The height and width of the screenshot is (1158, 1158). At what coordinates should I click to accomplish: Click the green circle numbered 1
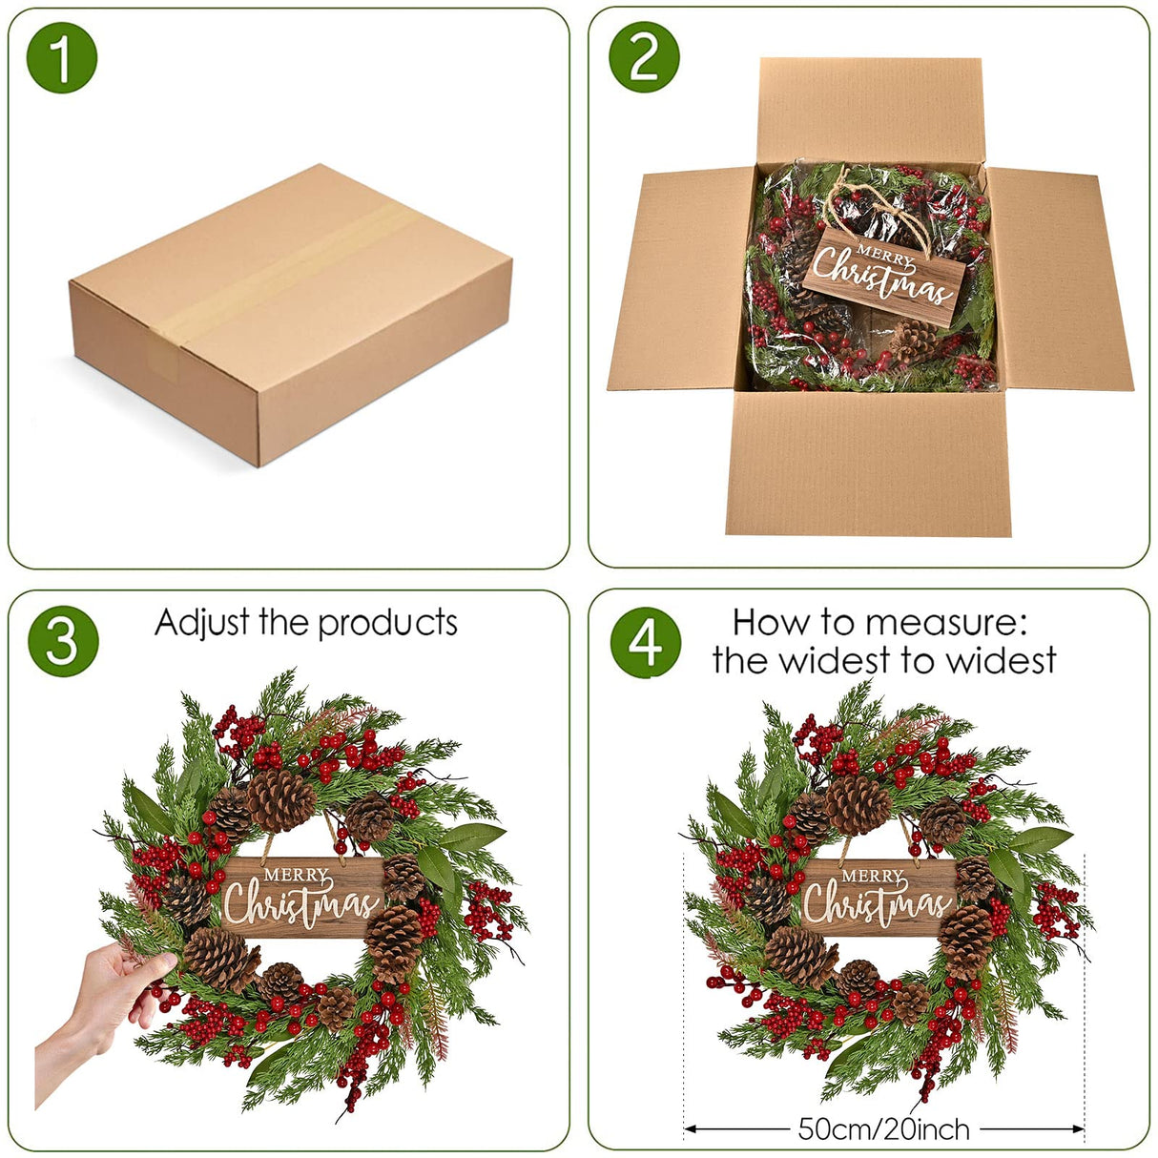pyautogui.click(x=62, y=57)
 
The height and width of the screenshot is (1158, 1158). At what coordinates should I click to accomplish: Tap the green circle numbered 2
pyautogui.click(x=644, y=57)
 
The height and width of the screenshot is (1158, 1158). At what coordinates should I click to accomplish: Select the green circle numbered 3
pyautogui.click(x=63, y=641)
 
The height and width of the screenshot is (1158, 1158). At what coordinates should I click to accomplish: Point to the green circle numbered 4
pyautogui.click(x=646, y=642)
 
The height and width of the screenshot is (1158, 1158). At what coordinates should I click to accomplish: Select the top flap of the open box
pyautogui.click(x=870, y=112)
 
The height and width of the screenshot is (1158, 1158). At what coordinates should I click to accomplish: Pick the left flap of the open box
pyautogui.click(x=681, y=279)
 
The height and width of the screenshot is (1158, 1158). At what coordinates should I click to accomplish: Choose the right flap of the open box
pyautogui.click(x=1059, y=279)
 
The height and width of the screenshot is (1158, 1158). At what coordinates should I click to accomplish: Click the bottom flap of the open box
pyautogui.click(x=868, y=463)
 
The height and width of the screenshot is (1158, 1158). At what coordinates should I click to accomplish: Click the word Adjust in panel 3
pyautogui.click(x=202, y=623)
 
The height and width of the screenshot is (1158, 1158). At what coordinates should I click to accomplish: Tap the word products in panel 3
pyautogui.click(x=387, y=625)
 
